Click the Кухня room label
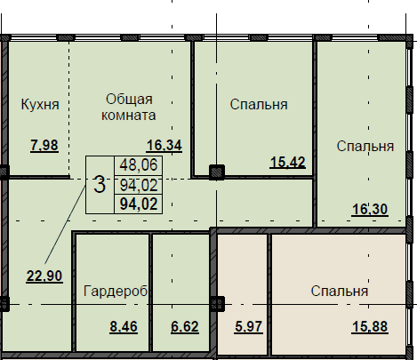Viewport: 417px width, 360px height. tap(40, 105)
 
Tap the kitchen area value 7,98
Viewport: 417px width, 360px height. tap(44, 146)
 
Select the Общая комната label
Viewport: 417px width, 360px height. tap(129, 107)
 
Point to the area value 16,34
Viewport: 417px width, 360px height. tap(164, 146)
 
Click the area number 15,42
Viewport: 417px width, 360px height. tap(287, 163)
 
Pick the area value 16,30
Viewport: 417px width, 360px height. tap(370, 210)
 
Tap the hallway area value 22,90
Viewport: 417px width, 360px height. tap(44, 276)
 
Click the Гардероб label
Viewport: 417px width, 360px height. tap(116, 292)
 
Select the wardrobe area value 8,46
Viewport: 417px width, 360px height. tap(124, 327)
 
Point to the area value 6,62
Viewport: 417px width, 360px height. tap(185, 327)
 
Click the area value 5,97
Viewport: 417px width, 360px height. tap(248, 327)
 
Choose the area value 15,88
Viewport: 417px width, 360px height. tap(370, 327)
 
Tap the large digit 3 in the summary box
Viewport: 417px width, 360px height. tap(100, 185)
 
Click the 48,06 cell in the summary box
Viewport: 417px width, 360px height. tap(139, 165)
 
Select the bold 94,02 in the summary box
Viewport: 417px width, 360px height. tap(139, 204)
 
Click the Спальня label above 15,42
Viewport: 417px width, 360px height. tap(259, 105)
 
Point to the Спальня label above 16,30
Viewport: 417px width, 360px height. tap(365, 147)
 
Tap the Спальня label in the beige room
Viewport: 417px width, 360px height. tap(340, 292)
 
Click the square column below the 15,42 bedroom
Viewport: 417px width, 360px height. tap(217, 172)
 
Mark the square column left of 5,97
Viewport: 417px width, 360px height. tap(217, 304)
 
